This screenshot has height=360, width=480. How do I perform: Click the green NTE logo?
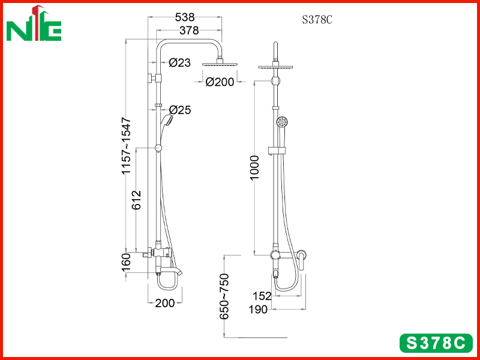(x=34, y=24)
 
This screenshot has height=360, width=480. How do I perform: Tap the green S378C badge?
(x=436, y=343)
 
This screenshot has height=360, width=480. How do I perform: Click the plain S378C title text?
(x=317, y=20)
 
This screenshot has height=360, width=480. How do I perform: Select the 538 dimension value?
(x=185, y=17)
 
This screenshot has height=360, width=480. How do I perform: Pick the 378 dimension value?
(x=189, y=31)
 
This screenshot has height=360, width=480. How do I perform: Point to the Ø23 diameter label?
(x=179, y=63)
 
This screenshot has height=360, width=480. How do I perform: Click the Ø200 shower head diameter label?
(x=220, y=82)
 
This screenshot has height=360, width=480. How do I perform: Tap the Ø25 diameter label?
(x=180, y=110)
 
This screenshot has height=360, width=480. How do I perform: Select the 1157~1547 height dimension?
(x=126, y=145)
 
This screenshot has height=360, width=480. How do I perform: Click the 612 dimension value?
(x=137, y=200)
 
